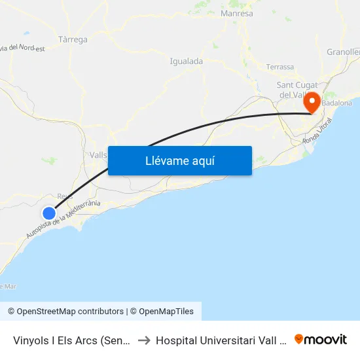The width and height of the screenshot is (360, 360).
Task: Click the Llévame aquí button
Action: (x=179, y=160)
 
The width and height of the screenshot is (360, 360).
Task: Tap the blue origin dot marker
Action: (x=49, y=213)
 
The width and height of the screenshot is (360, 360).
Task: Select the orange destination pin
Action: (x=312, y=102)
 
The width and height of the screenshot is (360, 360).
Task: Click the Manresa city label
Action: (x=237, y=13)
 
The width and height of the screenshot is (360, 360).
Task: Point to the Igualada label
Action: (x=186, y=61)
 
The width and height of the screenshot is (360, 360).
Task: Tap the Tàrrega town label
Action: (x=73, y=39)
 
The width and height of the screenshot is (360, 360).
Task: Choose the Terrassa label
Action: (x=280, y=67)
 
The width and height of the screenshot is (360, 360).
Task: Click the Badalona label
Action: (x=336, y=103)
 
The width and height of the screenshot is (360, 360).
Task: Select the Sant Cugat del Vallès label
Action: (x=298, y=90)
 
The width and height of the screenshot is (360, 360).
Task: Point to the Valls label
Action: (x=98, y=154)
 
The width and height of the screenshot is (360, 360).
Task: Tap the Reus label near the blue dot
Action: (x=64, y=196)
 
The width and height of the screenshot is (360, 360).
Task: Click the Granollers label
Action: (x=344, y=52)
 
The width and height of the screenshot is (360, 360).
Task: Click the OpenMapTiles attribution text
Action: (x=164, y=312)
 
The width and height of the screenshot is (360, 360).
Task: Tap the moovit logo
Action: (x=320, y=339)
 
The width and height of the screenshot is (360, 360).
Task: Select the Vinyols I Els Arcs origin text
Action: (x=70, y=340)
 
